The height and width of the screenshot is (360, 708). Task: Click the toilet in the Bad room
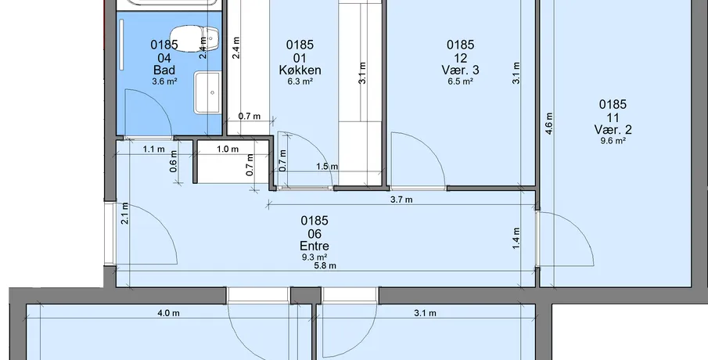[x=195, y=38]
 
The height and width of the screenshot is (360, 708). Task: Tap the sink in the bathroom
[x=207, y=92]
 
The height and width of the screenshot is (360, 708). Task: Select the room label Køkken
[x=300, y=70]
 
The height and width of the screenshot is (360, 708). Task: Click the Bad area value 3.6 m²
[x=164, y=81]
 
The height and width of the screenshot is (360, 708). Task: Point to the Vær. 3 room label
[x=460, y=70]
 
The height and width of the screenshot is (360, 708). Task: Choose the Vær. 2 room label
[x=613, y=130]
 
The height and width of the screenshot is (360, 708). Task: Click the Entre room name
[x=314, y=247]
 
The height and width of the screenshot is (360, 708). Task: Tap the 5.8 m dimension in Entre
[x=325, y=265]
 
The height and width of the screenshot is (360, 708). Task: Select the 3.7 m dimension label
[x=401, y=200]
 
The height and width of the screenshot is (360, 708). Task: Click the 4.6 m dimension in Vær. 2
[x=549, y=124]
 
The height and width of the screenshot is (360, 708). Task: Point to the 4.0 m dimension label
[x=168, y=313]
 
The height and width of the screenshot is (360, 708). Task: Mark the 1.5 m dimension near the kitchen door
[x=327, y=166]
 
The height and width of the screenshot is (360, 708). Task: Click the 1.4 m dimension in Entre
[x=516, y=238]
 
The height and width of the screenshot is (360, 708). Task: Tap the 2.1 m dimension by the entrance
[x=125, y=213]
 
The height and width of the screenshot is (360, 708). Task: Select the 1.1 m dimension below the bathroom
[x=154, y=149]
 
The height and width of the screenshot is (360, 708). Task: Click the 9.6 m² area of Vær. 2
[x=613, y=141]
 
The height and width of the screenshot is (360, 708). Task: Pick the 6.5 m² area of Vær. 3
[x=460, y=81]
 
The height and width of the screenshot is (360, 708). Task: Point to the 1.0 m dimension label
[x=228, y=149]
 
